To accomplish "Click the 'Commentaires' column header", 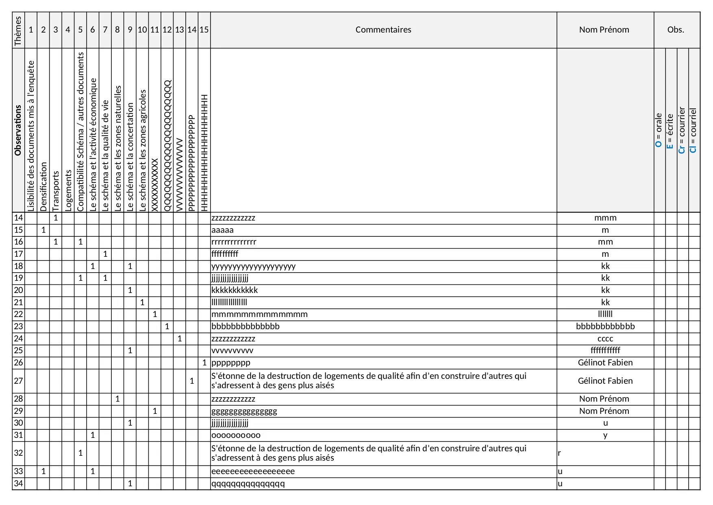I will coord(383,30).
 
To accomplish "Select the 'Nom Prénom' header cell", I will coord(604,30).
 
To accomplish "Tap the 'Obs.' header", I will coord(676,30).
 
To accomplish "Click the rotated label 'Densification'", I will coord(43,186).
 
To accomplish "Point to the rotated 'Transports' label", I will coord(56,191).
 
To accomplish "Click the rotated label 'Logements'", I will coord(68,190).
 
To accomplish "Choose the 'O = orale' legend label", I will coord(659,130).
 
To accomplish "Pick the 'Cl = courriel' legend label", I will coord(693,130).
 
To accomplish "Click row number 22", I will coord(18,314).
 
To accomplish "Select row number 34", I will coord(18,483).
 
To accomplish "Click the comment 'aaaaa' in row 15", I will coord(222,230).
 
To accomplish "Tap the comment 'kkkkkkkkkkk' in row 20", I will coord(235,290).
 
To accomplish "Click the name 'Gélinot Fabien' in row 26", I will coord(605,363).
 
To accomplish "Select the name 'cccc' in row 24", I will coord(605,339).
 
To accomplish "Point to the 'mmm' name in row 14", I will coord(605,218).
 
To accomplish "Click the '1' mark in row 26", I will coord(204,363).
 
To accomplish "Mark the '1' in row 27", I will coord(192,381).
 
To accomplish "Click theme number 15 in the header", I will coord(204,30).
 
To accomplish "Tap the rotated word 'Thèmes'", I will coord(18,31).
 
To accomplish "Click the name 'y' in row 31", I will coord(605,435).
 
